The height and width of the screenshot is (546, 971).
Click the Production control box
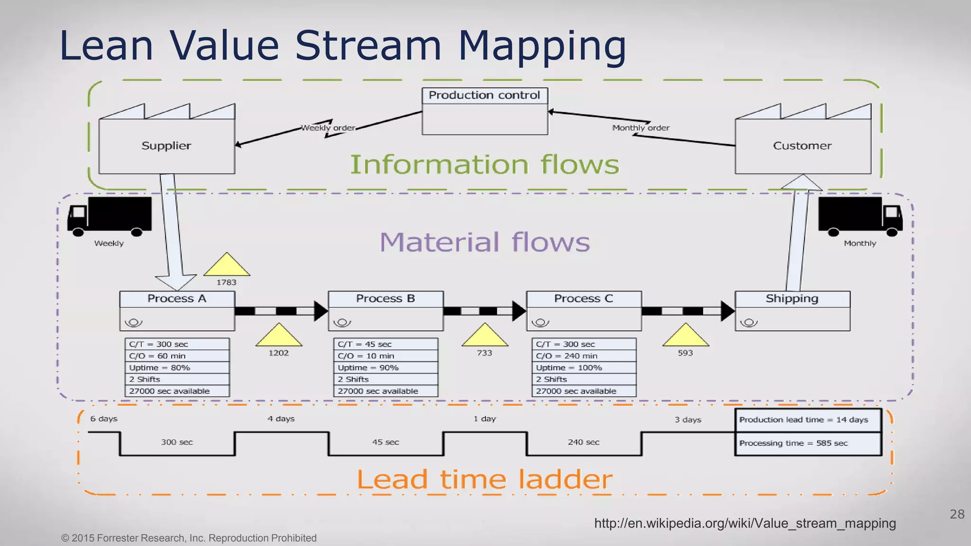[x=485, y=111]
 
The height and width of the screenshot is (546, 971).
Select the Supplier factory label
[x=166, y=146]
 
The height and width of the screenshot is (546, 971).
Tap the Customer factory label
[x=802, y=146]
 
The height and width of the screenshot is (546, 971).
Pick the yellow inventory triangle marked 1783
[x=227, y=266]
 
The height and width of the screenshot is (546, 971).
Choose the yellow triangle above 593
[x=685, y=336]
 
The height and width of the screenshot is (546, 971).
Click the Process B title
[x=385, y=299]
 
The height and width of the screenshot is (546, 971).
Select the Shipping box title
[x=792, y=299]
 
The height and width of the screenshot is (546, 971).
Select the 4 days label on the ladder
[x=281, y=419]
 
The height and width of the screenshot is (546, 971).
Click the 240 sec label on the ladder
[x=584, y=442]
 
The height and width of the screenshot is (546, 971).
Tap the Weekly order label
[x=328, y=128]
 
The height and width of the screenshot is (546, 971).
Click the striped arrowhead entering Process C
[x=519, y=311]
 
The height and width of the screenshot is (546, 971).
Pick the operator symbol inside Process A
[x=133, y=323]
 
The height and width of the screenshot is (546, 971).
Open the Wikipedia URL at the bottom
[x=745, y=523]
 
